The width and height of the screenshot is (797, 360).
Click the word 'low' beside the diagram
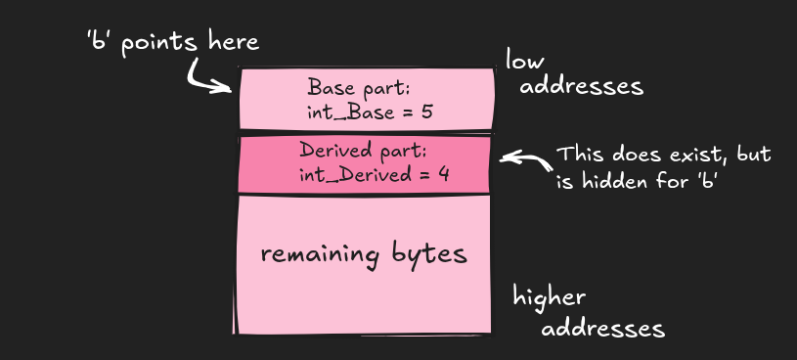click(x=525, y=62)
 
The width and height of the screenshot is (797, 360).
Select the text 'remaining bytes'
click(x=364, y=254)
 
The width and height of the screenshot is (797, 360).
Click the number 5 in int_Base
click(x=426, y=112)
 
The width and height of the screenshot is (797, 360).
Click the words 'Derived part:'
click(x=364, y=151)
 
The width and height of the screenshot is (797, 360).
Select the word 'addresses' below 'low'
click(x=581, y=86)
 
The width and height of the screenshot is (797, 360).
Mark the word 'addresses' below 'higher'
click(x=602, y=327)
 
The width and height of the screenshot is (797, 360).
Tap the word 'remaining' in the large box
click(x=319, y=254)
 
